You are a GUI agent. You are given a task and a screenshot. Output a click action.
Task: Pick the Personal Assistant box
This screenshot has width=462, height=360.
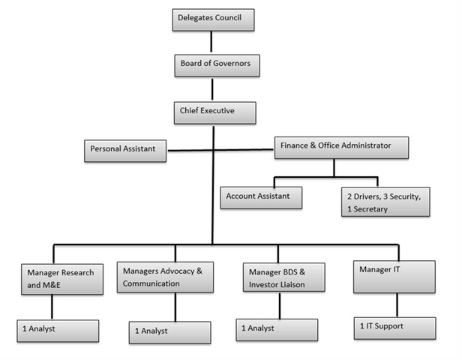click(x=124, y=150)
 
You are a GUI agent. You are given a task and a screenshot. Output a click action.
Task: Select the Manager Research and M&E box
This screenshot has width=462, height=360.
click(x=59, y=278)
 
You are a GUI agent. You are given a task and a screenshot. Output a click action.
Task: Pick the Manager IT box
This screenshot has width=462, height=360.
click(x=394, y=275)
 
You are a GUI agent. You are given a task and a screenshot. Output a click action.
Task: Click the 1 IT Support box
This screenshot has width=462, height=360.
click(x=394, y=328)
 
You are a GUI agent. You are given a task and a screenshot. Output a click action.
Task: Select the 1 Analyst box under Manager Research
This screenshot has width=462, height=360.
click(x=58, y=330)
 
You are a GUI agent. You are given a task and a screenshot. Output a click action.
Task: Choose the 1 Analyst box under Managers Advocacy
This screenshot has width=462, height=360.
click(x=173, y=331)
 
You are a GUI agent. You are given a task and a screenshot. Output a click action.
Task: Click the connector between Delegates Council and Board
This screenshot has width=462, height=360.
click(x=212, y=43)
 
